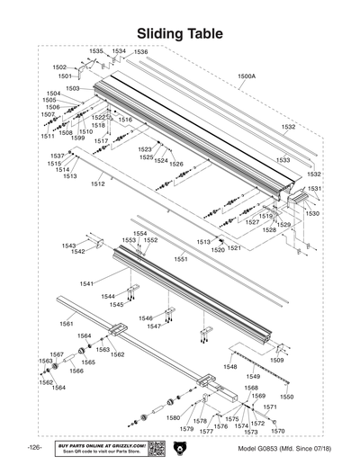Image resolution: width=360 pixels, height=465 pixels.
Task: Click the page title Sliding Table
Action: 180,33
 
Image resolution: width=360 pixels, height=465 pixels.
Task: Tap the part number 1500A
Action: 246,76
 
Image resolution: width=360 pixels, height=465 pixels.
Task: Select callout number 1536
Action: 140,52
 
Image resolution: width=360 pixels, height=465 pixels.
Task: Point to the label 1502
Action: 59,67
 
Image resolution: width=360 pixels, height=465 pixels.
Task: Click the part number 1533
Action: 283,160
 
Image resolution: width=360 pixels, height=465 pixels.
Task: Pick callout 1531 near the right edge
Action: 314,189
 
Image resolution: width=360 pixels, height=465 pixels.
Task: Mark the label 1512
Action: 97,183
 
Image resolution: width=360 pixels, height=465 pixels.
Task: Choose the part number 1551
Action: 180,259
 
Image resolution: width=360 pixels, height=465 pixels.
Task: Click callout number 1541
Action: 86,283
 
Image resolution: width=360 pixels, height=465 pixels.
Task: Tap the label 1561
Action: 66,323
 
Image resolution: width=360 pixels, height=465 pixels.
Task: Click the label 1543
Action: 68,245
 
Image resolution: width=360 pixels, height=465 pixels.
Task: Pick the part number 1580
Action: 173,418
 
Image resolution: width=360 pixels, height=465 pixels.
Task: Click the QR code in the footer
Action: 155,448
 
